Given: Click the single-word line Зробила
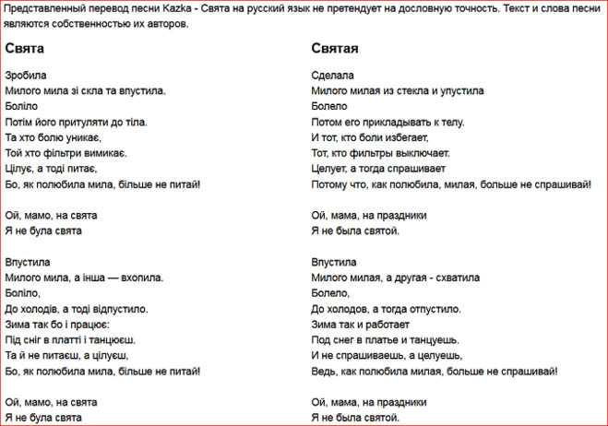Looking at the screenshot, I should (x=26, y=75).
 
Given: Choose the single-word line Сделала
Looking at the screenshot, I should (x=334, y=75).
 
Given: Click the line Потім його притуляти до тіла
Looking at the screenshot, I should (x=76, y=122).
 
